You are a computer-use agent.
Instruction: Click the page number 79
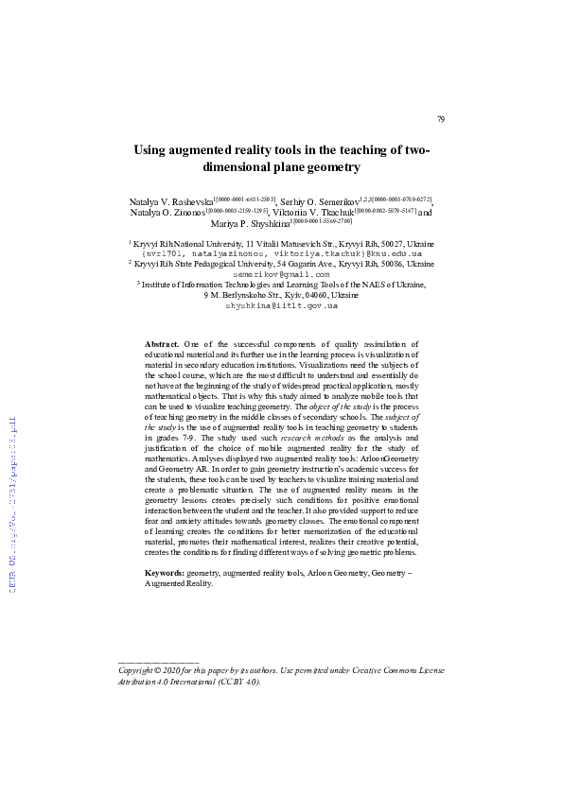click(x=440, y=119)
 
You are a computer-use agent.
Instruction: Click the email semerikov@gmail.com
click(x=281, y=274)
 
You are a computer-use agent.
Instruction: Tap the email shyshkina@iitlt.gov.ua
click(x=281, y=305)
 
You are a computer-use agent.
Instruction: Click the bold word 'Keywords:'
click(x=165, y=574)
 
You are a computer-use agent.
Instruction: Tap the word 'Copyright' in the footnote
click(x=138, y=669)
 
